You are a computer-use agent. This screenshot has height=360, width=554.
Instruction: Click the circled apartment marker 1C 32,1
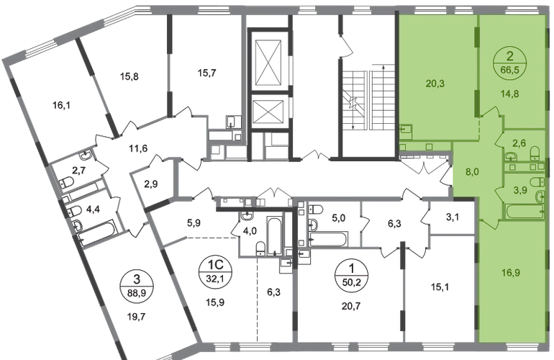pyautogui.click(x=215, y=271)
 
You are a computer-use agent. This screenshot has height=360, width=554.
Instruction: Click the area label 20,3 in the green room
pyautogui.click(x=435, y=84)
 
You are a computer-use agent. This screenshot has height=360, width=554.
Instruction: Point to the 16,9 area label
pyautogui.click(x=511, y=273)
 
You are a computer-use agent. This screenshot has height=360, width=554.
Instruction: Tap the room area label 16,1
pyautogui.click(x=61, y=105)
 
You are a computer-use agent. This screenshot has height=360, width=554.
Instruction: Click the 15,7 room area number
pyautogui.click(x=207, y=73)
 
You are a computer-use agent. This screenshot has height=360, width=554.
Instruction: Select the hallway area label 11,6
pyautogui.click(x=138, y=148)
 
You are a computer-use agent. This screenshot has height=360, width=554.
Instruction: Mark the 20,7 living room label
pyautogui.click(x=351, y=305)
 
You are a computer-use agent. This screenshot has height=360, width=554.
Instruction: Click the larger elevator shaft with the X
pyautogui.click(x=270, y=62)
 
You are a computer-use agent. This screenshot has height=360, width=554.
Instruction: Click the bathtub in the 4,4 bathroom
pyautogui.click(x=96, y=232)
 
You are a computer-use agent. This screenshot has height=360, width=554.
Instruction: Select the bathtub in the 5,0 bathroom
pyautogui.click(x=328, y=239)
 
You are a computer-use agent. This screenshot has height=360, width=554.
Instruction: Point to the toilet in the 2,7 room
pyautogui.click(x=66, y=182)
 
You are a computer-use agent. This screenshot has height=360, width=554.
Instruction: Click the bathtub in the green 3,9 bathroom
pyautogui.click(x=525, y=212)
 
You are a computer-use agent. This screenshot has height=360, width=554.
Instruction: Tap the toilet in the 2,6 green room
pyautogui.click(x=535, y=153)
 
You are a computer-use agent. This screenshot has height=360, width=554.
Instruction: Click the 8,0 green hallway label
pyautogui.click(x=472, y=172)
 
